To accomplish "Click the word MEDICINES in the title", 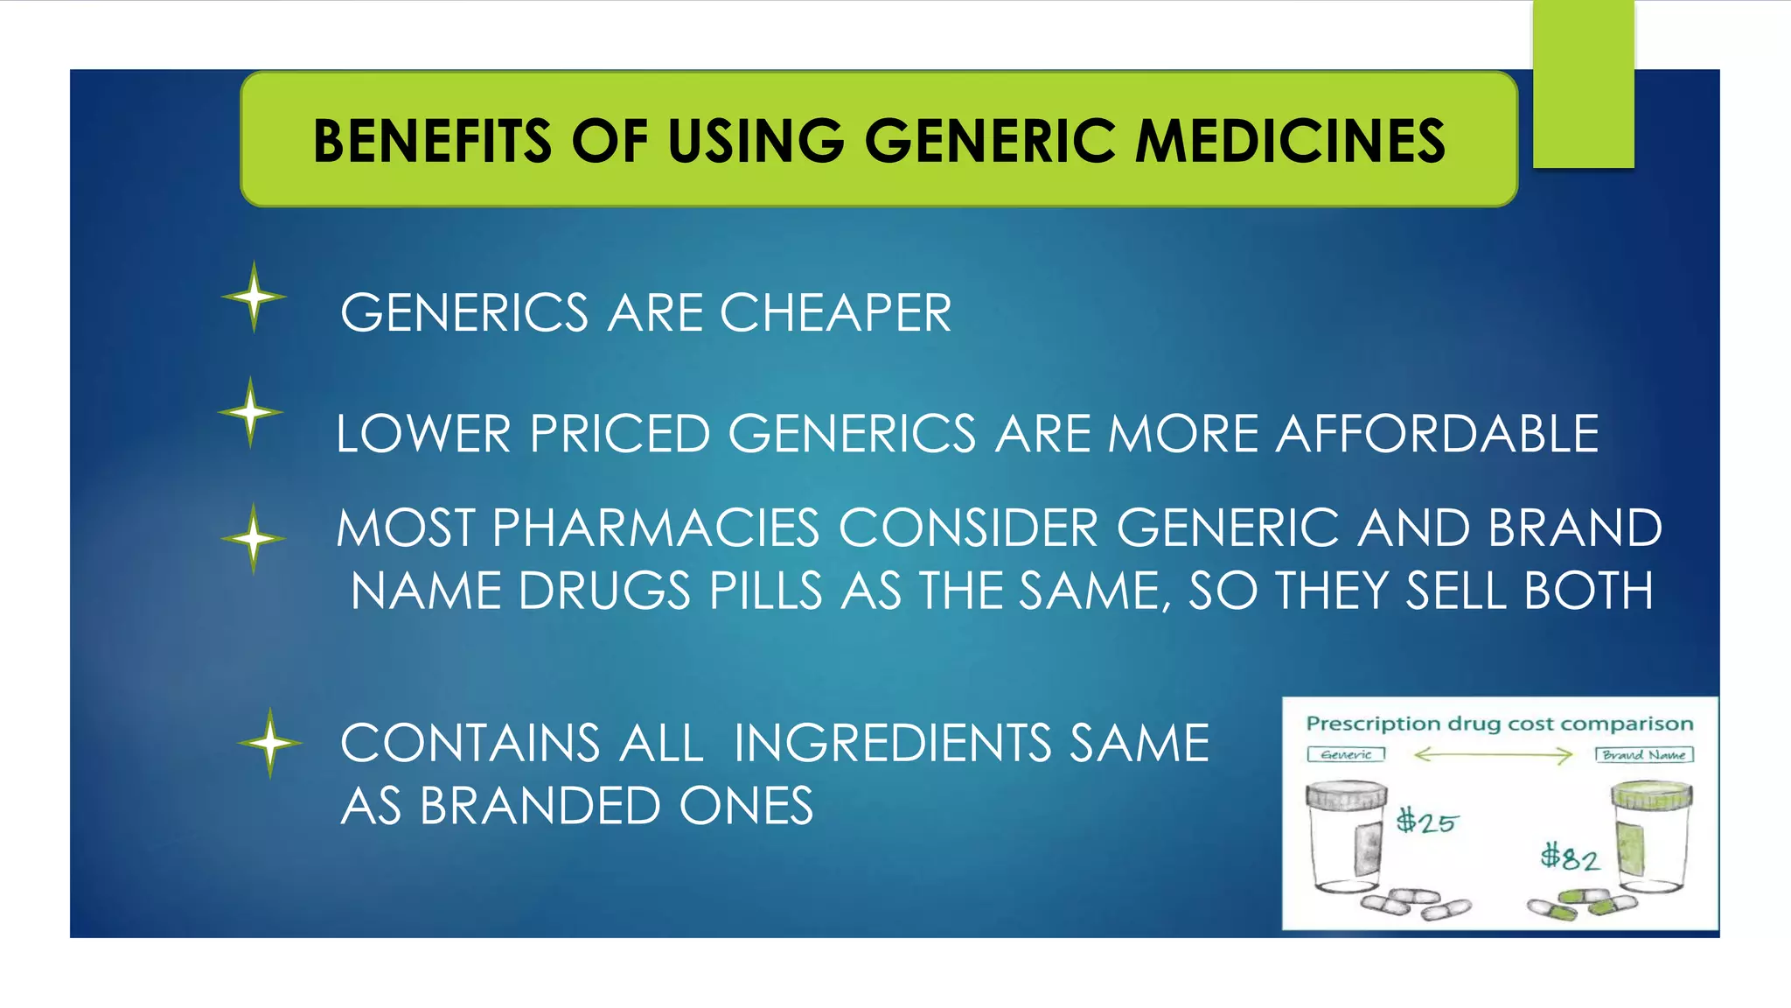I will pyautogui.click(x=1291, y=141).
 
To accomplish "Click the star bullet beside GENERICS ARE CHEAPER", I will pyautogui.click(x=254, y=297).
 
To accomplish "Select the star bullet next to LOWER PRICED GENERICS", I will pyautogui.click(x=251, y=412).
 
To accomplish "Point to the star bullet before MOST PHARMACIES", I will pyautogui.click(x=254, y=538).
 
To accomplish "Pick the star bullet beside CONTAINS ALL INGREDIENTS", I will pyautogui.click(x=270, y=743).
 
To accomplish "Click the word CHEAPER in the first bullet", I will pyautogui.click(x=835, y=312).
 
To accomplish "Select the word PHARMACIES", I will pyautogui.click(x=656, y=528).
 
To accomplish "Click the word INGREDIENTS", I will pyautogui.click(x=892, y=743).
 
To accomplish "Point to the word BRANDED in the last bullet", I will pyautogui.click(x=540, y=806).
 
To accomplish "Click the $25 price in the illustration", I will pyautogui.click(x=1425, y=822).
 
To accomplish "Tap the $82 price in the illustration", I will pyautogui.click(x=1570, y=857).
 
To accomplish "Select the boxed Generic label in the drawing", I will pyautogui.click(x=1346, y=754).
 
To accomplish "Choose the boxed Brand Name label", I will pyautogui.click(x=1644, y=754).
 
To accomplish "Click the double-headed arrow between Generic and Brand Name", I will pyautogui.click(x=1493, y=754).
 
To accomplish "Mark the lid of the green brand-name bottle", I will pyautogui.click(x=1651, y=795).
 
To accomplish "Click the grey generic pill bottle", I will pyautogui.click(x=1347, y=840).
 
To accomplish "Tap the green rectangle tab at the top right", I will pyautogui.click(x=1583, y=83).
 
